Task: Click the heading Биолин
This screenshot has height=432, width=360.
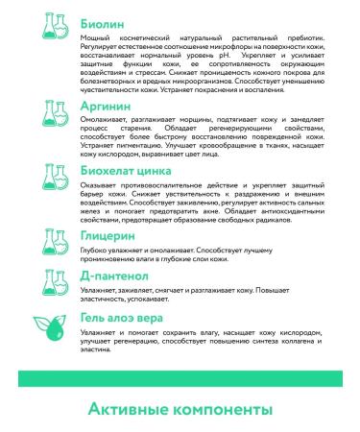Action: click(84, 17)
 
